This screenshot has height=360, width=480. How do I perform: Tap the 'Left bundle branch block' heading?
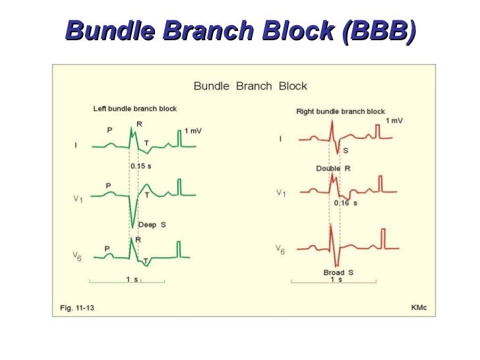[135, 108]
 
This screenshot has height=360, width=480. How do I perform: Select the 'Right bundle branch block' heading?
[340, 111]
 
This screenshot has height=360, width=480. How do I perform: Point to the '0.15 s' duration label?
[140, 166]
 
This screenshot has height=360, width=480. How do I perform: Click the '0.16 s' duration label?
[345, 203]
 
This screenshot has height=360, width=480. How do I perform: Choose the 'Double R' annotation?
[334, 169]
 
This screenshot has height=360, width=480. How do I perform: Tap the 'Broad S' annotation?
[338, 272]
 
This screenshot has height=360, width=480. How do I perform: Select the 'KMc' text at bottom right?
[419, 308]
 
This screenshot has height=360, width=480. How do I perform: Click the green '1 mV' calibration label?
[193, 131]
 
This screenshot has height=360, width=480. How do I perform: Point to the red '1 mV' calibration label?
[394, 121]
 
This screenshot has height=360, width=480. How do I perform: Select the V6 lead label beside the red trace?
[280, 251]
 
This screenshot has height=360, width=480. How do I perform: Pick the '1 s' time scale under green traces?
[132, 279]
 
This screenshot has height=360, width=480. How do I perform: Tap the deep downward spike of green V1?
[134, 224]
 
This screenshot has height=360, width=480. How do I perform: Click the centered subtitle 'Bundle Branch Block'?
[250, 86]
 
